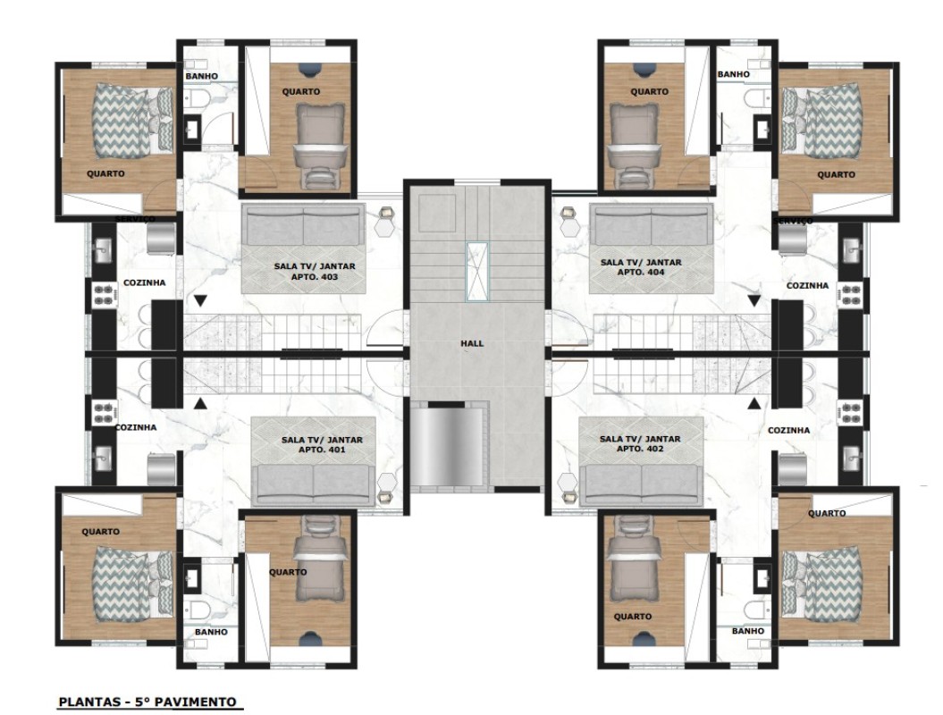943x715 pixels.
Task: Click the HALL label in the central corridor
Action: [472, 341]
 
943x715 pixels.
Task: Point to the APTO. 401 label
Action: [322, 450]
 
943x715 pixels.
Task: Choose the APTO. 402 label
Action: [640, 449]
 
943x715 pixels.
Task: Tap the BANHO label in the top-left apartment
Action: [201, 76]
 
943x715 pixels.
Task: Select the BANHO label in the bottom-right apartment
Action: [747, 631]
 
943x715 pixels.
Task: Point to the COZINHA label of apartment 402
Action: [788, 431]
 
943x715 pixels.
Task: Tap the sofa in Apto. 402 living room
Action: [640, 484]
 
